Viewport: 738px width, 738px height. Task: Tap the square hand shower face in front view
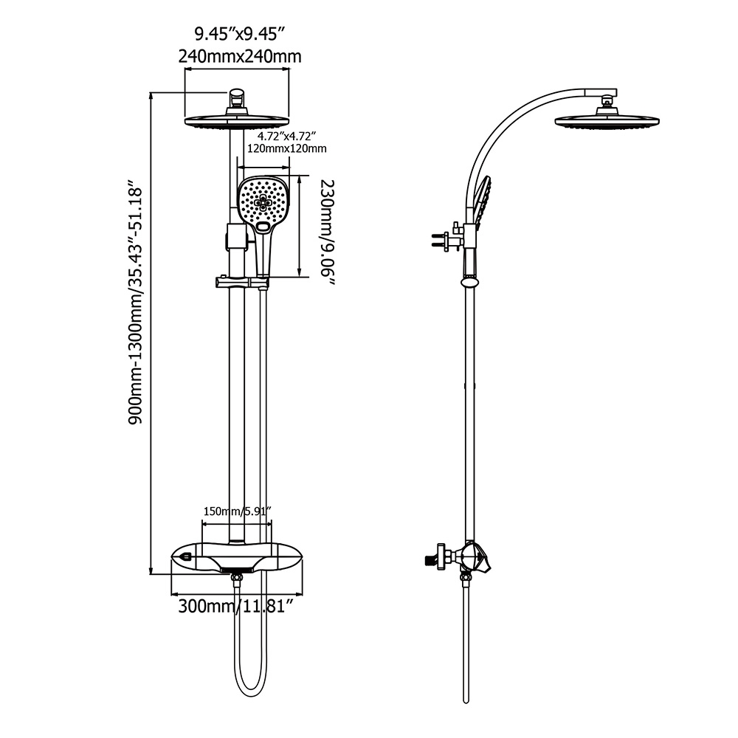click(263, 201)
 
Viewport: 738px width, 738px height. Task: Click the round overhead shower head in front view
click(236, 122)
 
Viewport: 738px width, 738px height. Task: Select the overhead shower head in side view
click(607, 120)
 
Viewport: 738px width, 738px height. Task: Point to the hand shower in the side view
click(482, 201)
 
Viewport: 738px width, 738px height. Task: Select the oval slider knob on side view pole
click(469, 282)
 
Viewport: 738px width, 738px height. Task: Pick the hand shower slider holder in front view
click(238, 282)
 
